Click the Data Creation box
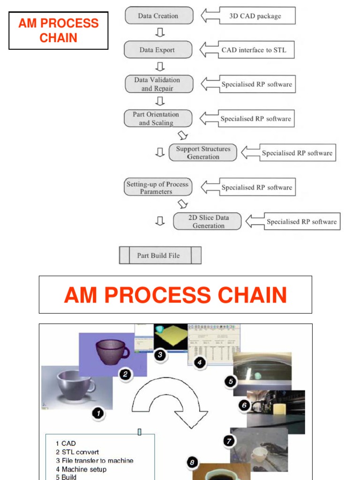(158, 15)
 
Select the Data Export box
(157, 50)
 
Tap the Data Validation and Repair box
(158, 84)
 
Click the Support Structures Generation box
(202, 153)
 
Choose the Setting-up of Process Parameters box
(157, 187)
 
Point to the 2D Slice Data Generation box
(207, 222)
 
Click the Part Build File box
(160, 255)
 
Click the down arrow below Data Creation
(159, 32)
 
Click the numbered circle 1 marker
(97, 413)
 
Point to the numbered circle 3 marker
(160, 355)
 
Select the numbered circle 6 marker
(244, 405)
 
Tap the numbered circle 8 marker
(192, 463)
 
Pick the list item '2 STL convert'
(77, 452)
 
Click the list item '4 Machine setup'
(81, 469)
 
